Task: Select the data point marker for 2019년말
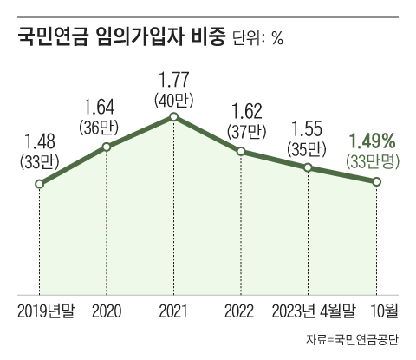(40, 185)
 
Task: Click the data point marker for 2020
(107, 147)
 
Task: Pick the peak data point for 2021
(174, 116)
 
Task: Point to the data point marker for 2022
(242, 152)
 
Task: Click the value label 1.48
(40, 139)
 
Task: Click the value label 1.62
(242, 111)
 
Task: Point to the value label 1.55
(309, 127)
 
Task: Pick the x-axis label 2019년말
(46, 310)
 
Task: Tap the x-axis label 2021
(174, 310)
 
